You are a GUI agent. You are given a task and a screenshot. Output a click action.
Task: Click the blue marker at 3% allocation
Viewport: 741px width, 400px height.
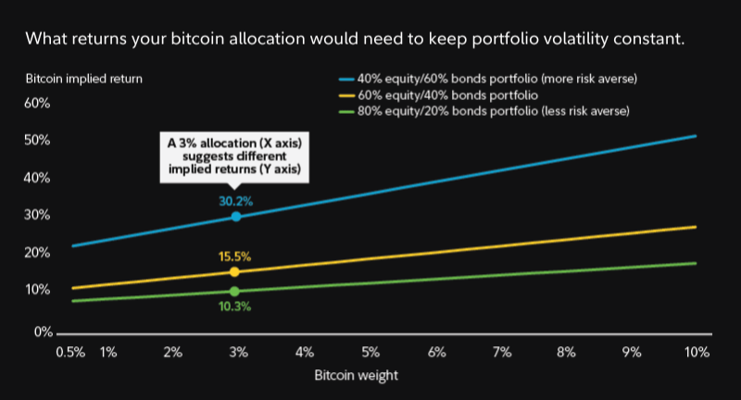click(236, 216)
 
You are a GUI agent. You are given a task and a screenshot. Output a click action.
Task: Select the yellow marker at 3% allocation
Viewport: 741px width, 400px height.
click(234, 272)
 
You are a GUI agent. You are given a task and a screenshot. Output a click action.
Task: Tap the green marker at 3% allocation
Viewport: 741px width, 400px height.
click(234, 292)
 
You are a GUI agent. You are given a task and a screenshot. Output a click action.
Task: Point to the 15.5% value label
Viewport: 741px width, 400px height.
click(235, 256)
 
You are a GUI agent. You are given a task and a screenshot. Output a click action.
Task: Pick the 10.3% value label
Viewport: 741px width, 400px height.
click(235, 306)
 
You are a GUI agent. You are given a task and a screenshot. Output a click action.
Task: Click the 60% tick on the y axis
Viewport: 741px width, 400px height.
click(36, 103)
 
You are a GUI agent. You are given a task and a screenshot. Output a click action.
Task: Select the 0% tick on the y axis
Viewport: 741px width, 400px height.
click(41, 331)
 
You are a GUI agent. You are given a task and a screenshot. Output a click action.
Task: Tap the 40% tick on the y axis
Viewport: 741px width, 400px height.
click(36, 178)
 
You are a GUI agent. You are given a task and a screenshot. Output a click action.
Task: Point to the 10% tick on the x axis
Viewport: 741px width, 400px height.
click(697, 353)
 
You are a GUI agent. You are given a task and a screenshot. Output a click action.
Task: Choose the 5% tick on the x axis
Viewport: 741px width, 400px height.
click(370, 353)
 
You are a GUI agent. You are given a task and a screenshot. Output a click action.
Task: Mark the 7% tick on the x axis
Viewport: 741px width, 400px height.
click(502, 353)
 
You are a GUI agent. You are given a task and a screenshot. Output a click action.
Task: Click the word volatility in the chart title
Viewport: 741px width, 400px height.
click(528, 40)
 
